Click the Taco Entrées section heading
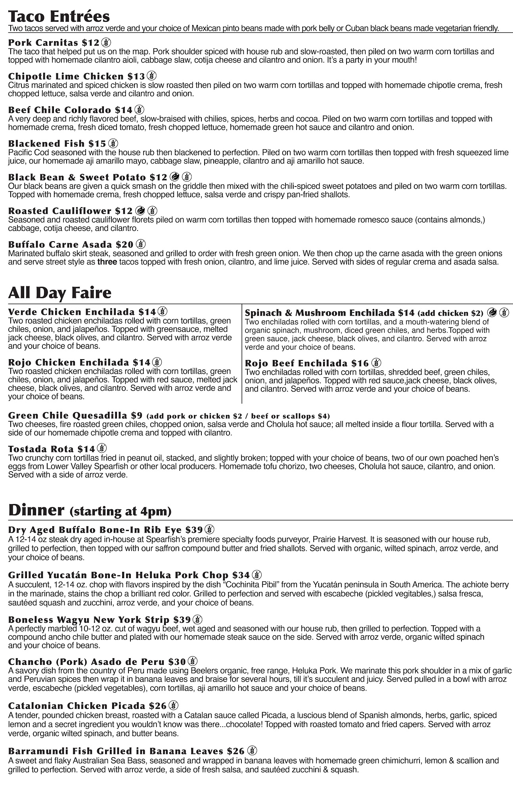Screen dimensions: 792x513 click(59, 17)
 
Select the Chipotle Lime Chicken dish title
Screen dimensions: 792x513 click(66, 76)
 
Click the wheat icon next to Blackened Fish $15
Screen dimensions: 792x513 click(113, 143)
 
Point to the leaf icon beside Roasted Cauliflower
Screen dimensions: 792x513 click(140, 211)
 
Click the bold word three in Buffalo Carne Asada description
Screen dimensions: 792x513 click(107, 262)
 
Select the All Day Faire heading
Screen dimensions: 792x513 click(59, 293)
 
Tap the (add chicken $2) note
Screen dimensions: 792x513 click(450, 313)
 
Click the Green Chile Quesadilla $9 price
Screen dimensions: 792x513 click(136, 415)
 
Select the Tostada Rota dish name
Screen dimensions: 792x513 click(41, 449)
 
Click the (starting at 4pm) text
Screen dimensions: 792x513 click(120, 511)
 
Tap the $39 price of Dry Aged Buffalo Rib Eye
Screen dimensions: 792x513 click(194, 530)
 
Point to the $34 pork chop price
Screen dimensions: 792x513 click(241, 575)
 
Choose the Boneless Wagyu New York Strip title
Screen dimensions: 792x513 click(89, 619)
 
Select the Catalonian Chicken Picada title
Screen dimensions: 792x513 click(77, 706)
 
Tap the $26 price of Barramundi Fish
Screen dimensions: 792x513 click(235, 751)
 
